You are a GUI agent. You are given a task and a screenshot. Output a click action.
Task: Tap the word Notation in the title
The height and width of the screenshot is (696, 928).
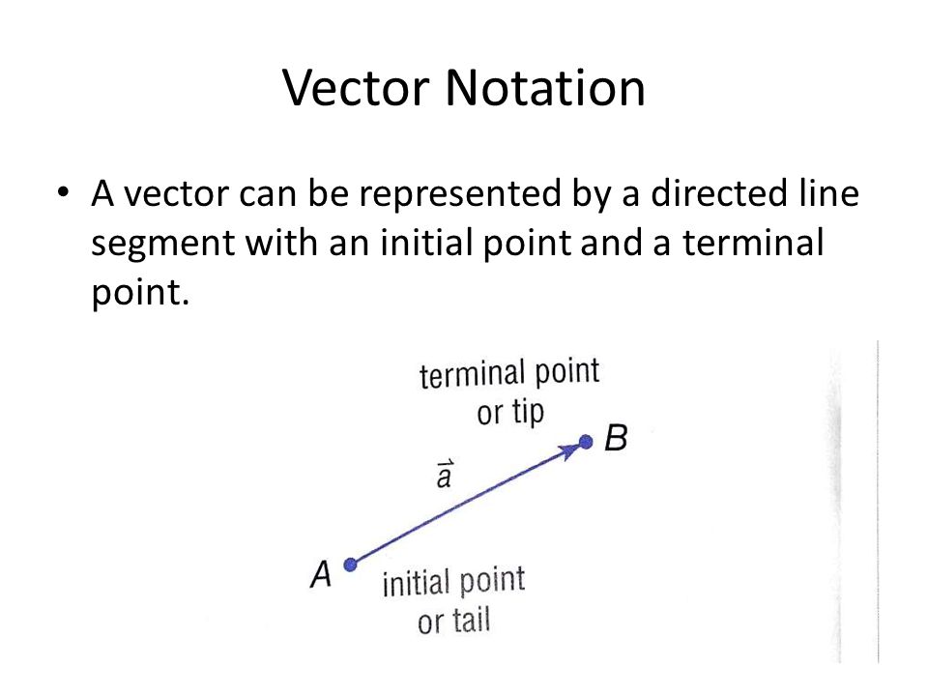545,88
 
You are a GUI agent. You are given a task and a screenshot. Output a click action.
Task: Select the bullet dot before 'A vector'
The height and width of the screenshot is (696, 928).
65,192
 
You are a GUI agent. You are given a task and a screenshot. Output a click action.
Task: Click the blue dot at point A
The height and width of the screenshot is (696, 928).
351,565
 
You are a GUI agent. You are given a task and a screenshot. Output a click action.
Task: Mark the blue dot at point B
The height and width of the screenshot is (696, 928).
585,443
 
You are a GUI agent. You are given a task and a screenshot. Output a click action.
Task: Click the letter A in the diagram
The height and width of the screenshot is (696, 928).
322,574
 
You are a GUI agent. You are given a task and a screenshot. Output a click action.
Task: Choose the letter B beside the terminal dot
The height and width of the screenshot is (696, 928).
616,439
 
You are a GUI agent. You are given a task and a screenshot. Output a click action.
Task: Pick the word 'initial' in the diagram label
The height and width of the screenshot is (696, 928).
417,585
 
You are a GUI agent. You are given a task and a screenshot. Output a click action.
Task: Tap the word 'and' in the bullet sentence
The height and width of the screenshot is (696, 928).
613,244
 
